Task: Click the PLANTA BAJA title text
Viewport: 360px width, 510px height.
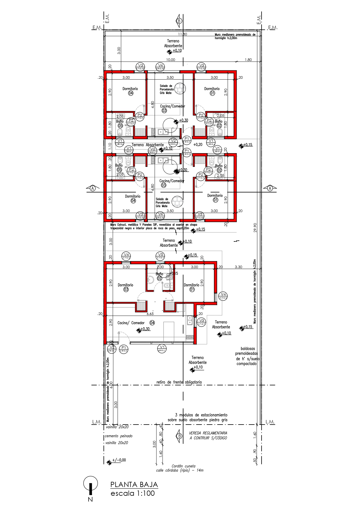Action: point(134,484)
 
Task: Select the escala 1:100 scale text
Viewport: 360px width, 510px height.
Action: point(132,493)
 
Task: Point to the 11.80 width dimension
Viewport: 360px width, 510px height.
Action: point(183,34)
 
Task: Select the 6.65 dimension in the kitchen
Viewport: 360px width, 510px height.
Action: point(150,314)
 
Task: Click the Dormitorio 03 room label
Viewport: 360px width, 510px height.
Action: point(125,287)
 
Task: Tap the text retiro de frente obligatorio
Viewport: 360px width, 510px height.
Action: point(179,382)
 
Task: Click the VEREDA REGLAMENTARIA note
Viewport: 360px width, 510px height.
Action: point(208,435)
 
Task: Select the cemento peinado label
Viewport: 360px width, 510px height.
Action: point(119,436)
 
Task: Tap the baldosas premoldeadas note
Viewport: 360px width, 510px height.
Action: point(246,356)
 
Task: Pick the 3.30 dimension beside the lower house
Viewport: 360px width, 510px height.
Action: point(238,267)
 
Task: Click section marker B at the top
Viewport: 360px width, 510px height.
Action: point(179,21)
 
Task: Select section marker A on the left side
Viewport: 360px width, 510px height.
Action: point(93,188)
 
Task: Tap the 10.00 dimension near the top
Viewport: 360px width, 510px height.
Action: point(170,60)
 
